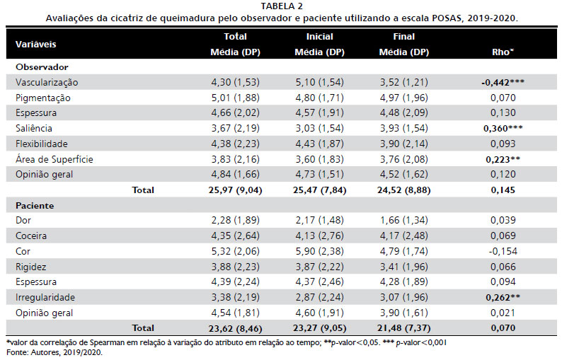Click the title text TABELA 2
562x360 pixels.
pyautogui.click(x=282, y=6)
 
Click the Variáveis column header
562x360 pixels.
pyautogui.click(x=36, y=45)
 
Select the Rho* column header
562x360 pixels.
pyautogui.click(x=503, y=52)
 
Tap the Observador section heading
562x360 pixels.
pyautogui.click(x=42, y=67)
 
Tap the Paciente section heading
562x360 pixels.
pyautogui.click(x=35, y=206)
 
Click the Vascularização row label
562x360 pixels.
pyautogui.click(x=47, y=82)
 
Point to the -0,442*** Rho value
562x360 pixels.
pyautogui.click(x=503, y=82)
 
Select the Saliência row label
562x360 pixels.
pyautogui.click(x=34, y=128)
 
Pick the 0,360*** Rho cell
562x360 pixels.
pyautogui.click(x=503, y=128)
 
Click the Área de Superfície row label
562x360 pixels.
pyautogui.click(x=54, y=159)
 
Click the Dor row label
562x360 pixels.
pyautogui.click(x=23, y=220)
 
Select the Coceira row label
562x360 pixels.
pyautogui.click(x=31, y=236)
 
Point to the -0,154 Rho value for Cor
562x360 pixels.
pyautogui.click(x=503, y=251)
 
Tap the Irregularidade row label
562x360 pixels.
pyautogui.click(x=45, y=297)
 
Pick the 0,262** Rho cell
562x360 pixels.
pyautogui.click(x=503, y=297)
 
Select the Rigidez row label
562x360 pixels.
pyautogui.click(x=31, y=267)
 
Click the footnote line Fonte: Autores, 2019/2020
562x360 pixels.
pyautogui.click(x=55, y=352)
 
